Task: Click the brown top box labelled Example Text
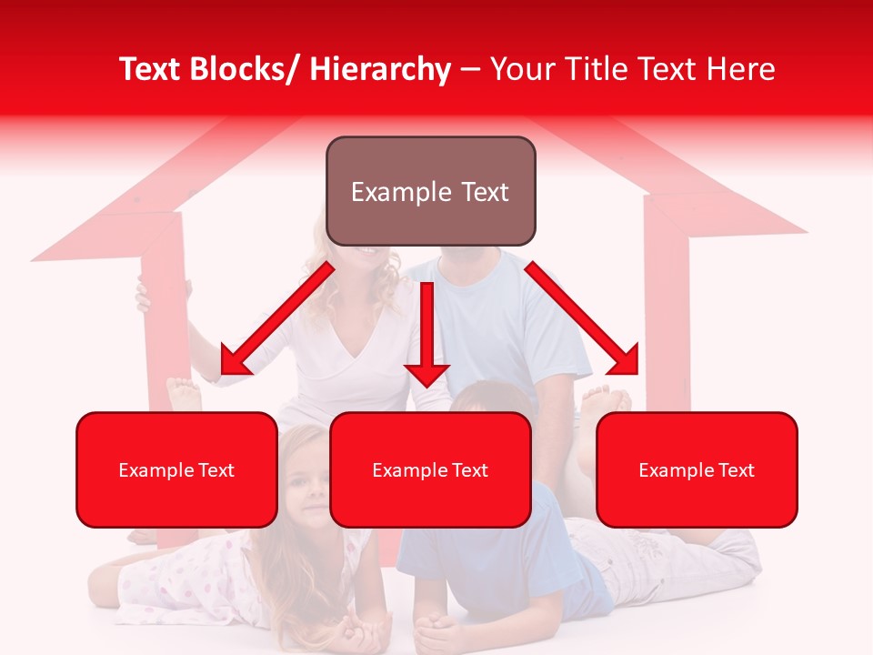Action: pyautogui.click(x=430, y=191)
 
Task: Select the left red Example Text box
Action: pyautogui.click(x=176, y=469)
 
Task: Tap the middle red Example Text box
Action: pyautogui.click(x=430, y=469)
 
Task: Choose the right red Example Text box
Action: pyautogui.click(x=697, y=469)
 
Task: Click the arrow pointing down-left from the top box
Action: pyautogui.click(x=277, y=319)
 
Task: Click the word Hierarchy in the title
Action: pyautogui.click(x=380, y=70)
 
